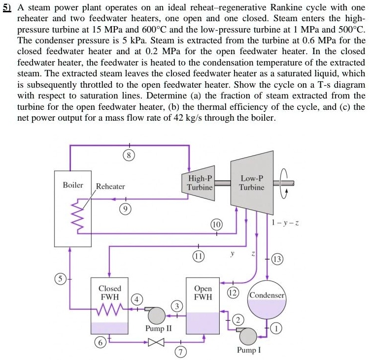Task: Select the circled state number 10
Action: (x=216, y=225)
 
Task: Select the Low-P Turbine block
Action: (x=251, y=183)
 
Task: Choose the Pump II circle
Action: (x=157, y=315)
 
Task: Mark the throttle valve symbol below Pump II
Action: (x=157, y=341)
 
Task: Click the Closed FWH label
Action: (x=110, y=293)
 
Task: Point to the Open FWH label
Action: (x=203, y=293)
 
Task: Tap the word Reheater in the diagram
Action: (x=110, y=186)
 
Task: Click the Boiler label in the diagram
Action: (x=73, y=185)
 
